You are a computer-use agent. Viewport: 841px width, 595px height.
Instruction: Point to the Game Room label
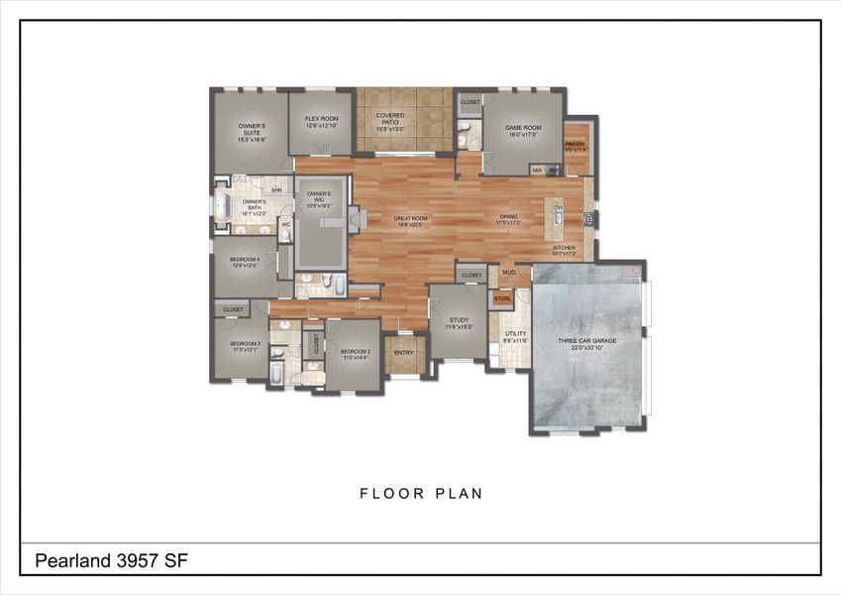(x=522, y=131)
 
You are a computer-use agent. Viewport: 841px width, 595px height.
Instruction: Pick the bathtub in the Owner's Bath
(x=224, y=206)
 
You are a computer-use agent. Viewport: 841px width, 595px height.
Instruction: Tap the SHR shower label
(x=277, y=190)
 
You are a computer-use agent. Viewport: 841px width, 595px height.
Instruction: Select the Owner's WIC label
(x=318, y=200)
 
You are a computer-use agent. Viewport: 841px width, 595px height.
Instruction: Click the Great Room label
(x=410, y=220)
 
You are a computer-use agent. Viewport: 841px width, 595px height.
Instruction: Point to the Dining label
(x=508, y=220)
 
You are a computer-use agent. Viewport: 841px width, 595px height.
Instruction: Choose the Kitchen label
(x=564, y=250)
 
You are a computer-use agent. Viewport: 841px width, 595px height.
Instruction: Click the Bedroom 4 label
(x=244, y=262)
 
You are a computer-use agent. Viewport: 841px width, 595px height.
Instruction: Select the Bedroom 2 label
(x=355, y=354)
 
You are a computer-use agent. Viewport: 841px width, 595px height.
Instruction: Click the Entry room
(x=404, y=353)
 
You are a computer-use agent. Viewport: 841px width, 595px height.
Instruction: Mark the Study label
(x=458, y=322)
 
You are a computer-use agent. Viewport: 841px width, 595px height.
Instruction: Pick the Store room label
(x=502, y=297)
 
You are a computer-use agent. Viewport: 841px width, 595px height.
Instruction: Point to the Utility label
(x=515, y=337)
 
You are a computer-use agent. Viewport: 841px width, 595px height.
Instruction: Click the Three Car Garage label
(x=587, y=343)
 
